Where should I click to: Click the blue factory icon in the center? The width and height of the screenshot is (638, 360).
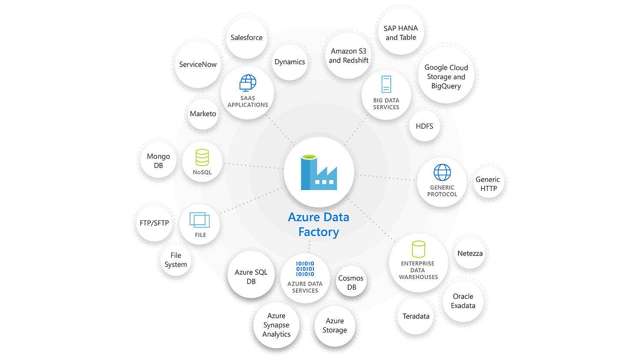319,172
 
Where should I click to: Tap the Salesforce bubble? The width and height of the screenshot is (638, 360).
246,38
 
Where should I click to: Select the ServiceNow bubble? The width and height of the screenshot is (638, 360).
198,64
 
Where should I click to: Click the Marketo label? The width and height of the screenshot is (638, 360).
203,114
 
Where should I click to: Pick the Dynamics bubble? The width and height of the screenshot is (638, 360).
289,62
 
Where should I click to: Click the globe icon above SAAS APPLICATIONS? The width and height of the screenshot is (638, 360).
248,83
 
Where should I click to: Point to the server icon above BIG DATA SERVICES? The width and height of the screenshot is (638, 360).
386,84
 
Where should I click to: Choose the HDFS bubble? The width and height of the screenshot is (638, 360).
424,126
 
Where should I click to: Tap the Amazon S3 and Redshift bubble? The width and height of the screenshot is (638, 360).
349,56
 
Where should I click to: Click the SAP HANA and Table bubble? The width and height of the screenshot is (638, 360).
401,32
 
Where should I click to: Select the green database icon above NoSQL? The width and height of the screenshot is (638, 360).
202,157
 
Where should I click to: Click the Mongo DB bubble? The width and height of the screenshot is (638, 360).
158,160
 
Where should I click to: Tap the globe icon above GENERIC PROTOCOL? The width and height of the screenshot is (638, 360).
442,173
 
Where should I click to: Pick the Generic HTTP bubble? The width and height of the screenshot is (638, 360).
488,183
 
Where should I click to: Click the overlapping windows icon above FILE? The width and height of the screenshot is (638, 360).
199,220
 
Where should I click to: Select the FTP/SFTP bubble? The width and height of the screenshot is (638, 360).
154,223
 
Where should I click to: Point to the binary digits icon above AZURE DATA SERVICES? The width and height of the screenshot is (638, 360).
305,269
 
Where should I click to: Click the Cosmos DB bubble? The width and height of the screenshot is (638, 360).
351,282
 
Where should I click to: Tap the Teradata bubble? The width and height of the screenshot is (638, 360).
416,316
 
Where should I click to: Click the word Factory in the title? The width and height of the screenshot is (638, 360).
319,232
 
